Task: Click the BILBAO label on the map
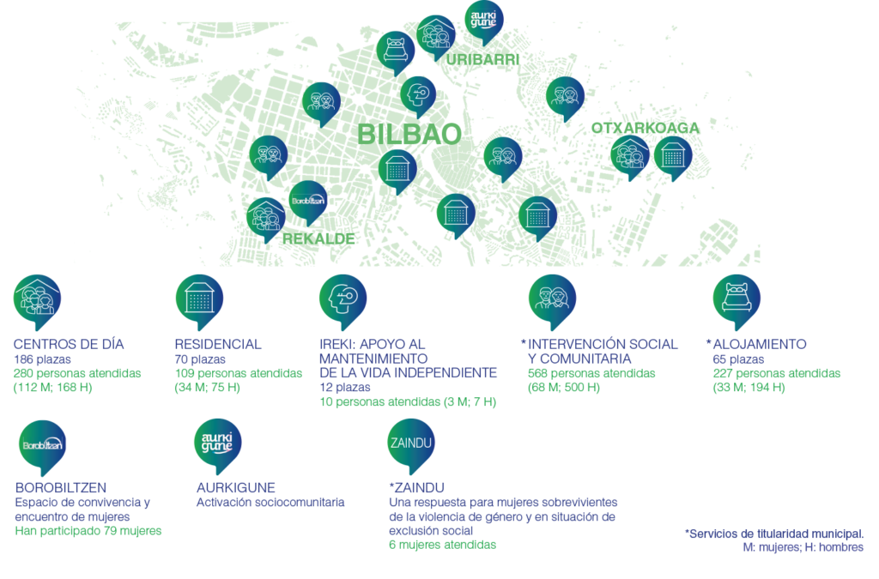coord(409,135)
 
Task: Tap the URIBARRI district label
coord(482,59)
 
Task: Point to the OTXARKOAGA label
coord(646,128)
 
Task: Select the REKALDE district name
coord(318,239)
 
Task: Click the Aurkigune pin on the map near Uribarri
coord(484,22)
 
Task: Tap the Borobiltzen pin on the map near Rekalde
coord(308,202)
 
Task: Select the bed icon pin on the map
coord(395,52)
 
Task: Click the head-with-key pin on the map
coord(418,97)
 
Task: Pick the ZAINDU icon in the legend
coord(411,446)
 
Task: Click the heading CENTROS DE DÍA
coord(69,344)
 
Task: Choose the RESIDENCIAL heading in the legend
coord(218,344)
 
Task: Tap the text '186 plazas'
coord(42,359)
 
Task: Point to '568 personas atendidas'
coord(591,373)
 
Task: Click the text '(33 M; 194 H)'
coord(749,388)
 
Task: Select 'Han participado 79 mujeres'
coord(88,531)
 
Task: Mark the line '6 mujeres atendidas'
coord(442,545)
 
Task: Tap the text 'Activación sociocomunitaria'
coord(270,503)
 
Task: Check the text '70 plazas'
coord(200,359)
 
